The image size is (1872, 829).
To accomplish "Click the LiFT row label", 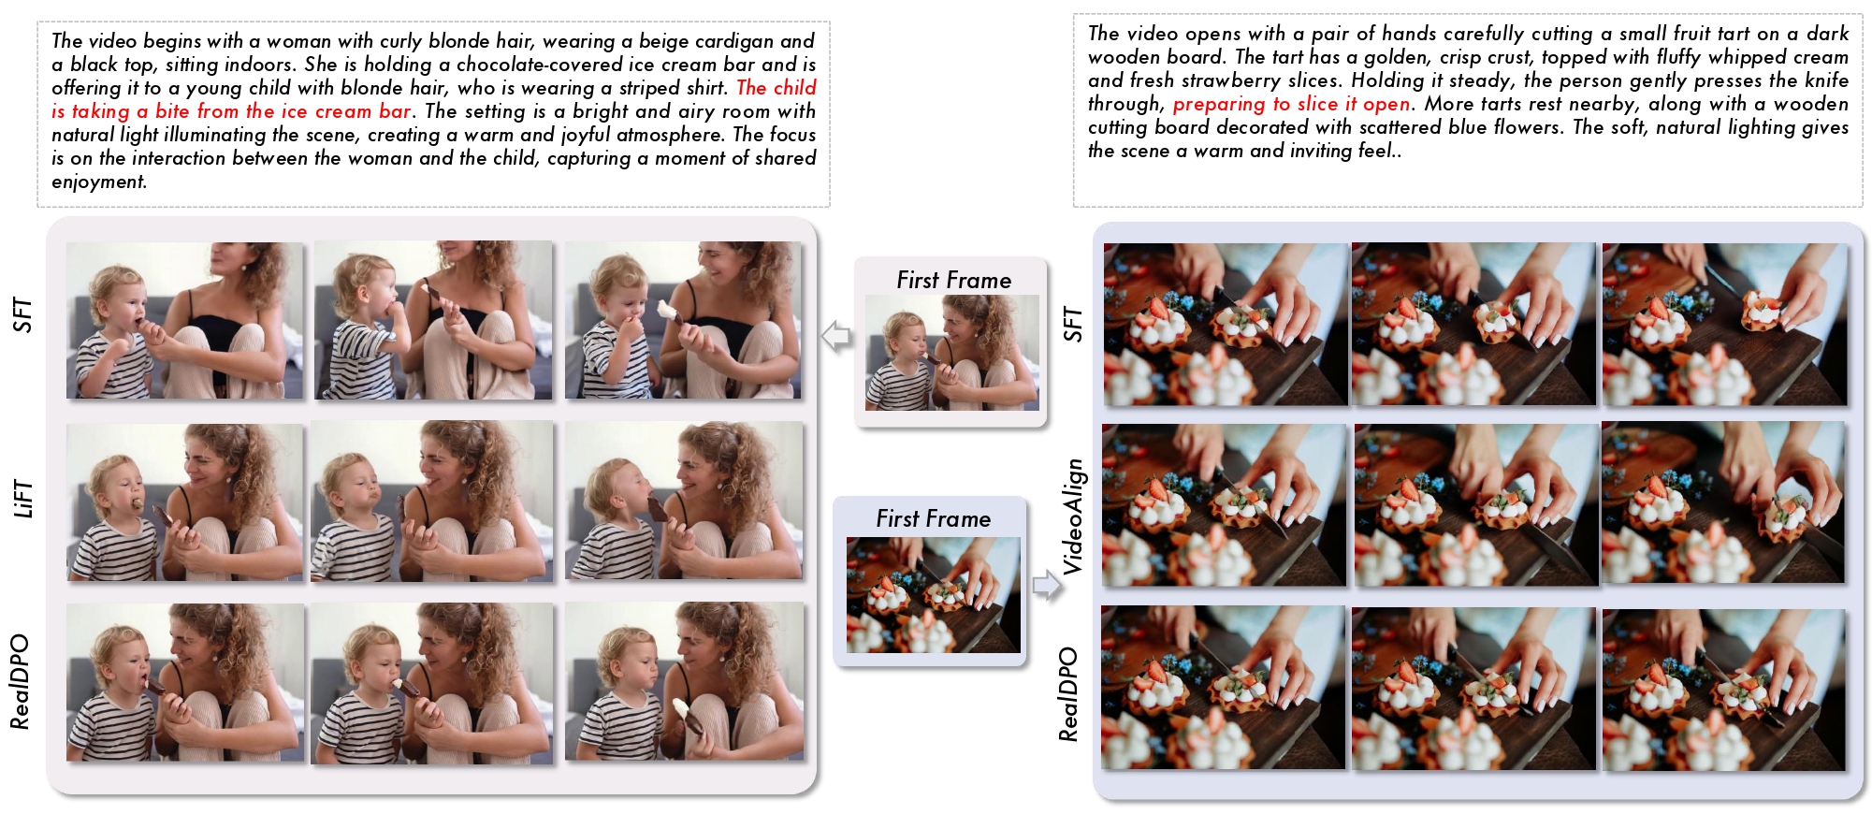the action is [22, 500].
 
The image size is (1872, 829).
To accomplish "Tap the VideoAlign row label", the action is [1072, 516].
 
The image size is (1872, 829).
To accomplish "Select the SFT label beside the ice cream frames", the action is [22, 316].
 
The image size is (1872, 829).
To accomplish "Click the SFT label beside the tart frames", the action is [1072, 324].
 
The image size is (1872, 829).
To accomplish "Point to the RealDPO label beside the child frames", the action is [21, 682].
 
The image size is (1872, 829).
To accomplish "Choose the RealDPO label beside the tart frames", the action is [1068, 694].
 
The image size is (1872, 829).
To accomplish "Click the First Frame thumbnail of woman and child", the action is [951, 353].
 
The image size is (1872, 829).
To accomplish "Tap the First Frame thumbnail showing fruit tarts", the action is [933, 595].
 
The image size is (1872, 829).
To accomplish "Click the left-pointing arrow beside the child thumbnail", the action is [835, 335].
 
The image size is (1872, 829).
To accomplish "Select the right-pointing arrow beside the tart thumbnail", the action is [1048, 586].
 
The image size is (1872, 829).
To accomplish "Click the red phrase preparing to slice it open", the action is [1291, 104].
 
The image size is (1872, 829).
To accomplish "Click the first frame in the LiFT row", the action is [185, 502].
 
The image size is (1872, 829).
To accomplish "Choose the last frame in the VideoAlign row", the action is [1723, 502].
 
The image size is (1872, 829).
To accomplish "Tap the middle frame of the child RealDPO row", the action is [432, 683].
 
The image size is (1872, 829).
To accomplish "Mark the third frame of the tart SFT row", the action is [1725, 325].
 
